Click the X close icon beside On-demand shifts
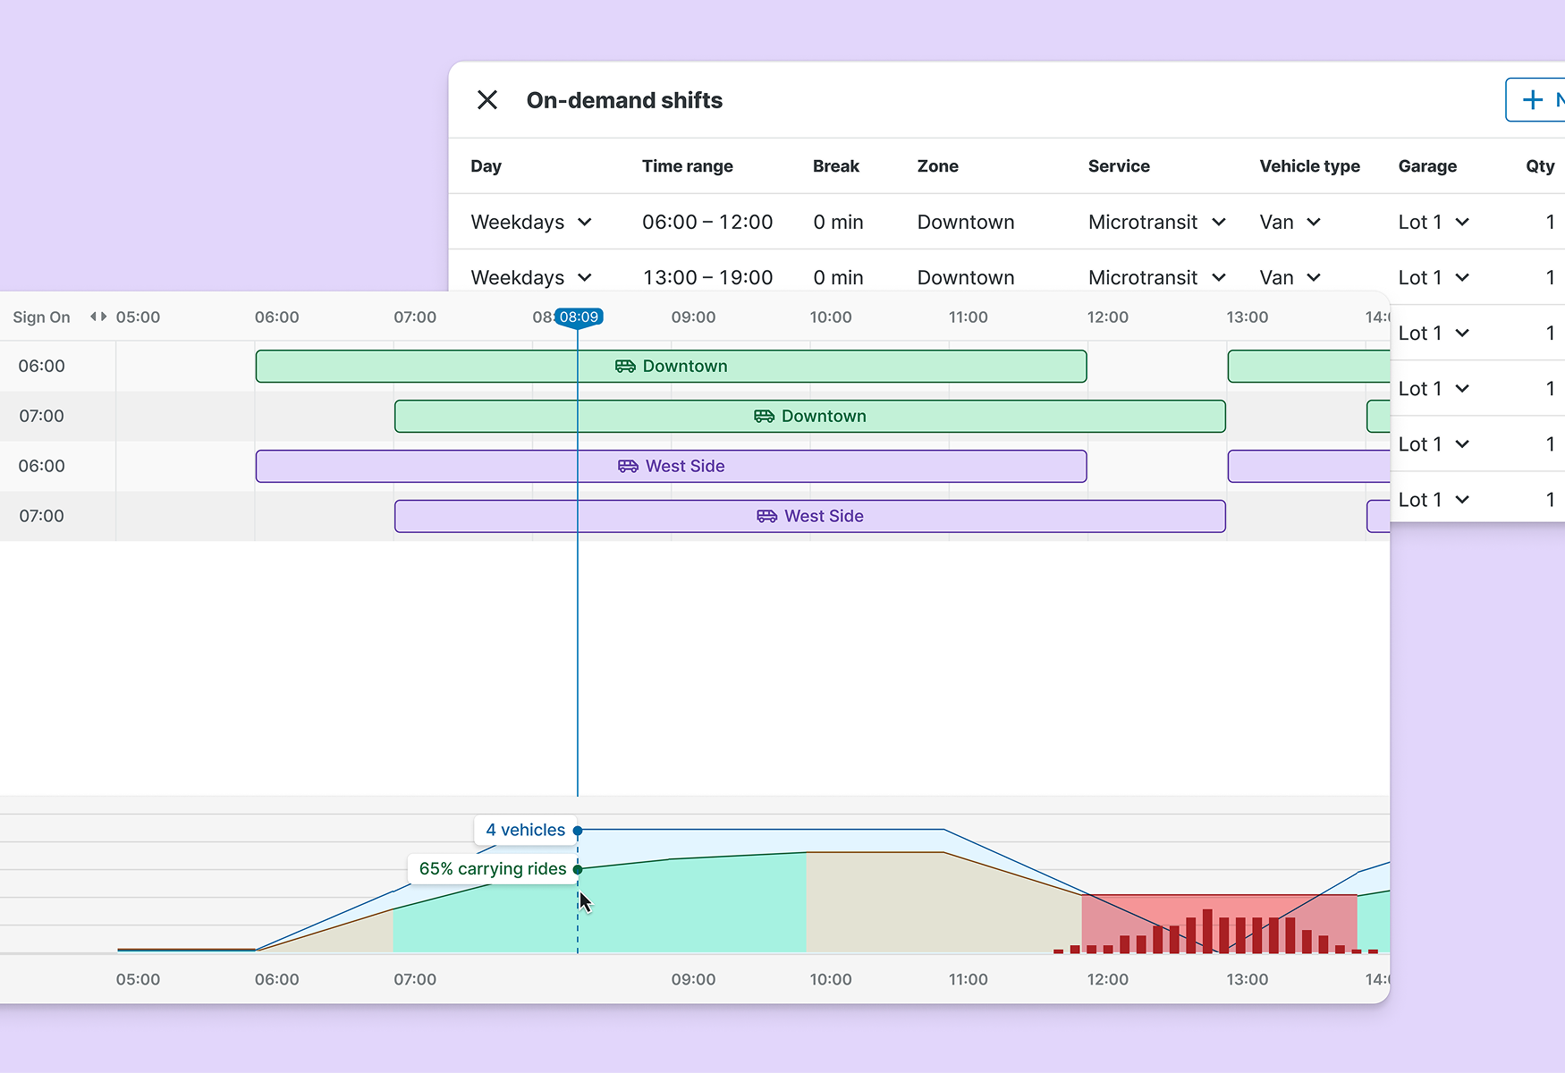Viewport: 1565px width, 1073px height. pos(487,99)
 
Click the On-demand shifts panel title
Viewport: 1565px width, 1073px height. pos(624,100)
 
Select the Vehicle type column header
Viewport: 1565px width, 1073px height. pos(1309,166)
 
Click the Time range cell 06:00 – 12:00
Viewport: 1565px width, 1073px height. pos(707,222)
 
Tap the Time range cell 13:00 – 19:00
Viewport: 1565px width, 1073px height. pos(707,277)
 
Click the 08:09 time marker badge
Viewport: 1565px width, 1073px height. pos(579,317)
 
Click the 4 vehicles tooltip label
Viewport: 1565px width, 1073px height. pos(525,830)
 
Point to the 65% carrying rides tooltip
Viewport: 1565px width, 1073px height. pos(492,869)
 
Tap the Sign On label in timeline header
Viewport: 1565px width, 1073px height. pos(41,317)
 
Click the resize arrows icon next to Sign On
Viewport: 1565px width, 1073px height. pos(98,317)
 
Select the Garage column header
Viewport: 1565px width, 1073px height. pos(1427,166)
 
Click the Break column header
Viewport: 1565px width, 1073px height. pos(835,166)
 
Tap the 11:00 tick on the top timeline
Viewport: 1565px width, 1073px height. pos(968,317)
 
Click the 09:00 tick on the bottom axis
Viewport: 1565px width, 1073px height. pos(693,979)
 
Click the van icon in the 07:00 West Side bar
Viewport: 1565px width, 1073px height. pos(766,516)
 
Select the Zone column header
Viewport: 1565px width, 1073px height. pos(937,166)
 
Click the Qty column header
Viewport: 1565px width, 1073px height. pos(1539,166)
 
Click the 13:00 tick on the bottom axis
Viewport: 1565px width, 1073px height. pos(1247,979)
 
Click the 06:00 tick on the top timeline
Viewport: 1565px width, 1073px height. pos(276,317)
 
